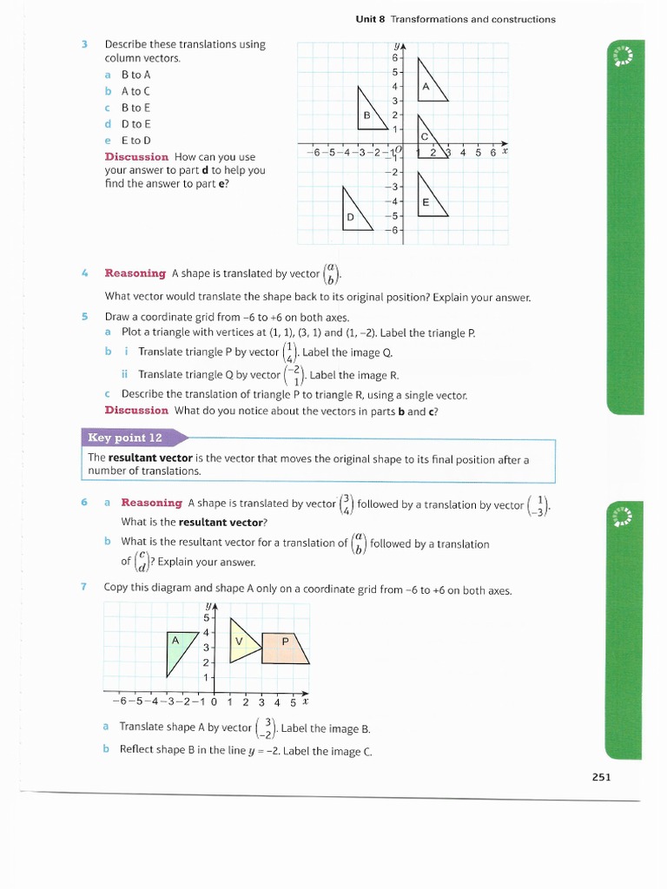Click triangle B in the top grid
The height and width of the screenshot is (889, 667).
369,114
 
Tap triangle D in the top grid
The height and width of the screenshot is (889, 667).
353,214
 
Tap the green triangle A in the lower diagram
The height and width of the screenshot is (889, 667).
177,645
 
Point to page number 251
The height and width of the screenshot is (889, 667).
601,777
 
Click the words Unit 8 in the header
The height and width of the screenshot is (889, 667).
371,19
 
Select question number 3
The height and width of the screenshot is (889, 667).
85,44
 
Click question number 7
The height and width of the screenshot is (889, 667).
84,587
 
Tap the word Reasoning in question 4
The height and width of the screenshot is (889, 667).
135,273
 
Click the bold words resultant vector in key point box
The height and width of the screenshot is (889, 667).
150,458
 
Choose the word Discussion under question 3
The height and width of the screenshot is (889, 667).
136,157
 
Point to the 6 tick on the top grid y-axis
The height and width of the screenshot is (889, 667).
395,57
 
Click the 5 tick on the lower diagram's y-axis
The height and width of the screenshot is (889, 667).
207,618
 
